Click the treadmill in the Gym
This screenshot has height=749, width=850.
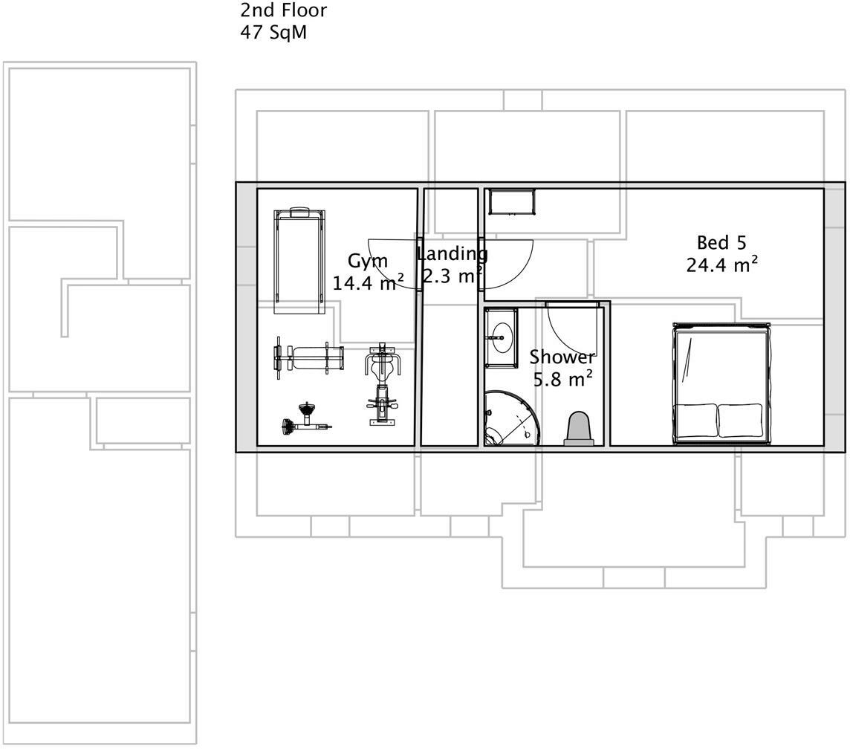point(299,262)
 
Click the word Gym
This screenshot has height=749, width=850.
point(368,262)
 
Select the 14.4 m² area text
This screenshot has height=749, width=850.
point(368,282)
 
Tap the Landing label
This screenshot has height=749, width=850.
point(452,254)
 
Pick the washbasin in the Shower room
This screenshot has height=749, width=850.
point(501,338)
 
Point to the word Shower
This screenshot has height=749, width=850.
point(562,357)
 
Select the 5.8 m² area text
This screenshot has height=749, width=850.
point(563,379)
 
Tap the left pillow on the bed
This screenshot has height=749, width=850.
point(696,420)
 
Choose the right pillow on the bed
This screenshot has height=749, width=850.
point(740,420)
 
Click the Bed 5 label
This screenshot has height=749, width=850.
point(721,242)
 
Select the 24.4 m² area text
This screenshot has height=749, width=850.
point(721,264)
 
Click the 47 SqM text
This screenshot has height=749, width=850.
point(273,33)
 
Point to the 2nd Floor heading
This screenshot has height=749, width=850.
point(283,10)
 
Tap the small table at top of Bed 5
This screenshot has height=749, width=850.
point(512,201)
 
